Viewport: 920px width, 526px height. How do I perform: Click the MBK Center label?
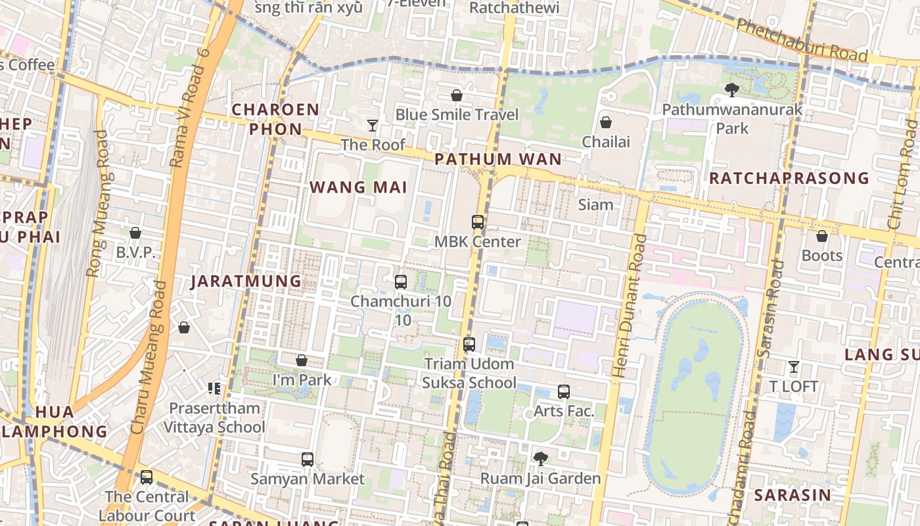477,241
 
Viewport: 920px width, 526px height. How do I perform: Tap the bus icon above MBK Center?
478,222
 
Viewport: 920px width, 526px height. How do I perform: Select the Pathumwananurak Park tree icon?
731,90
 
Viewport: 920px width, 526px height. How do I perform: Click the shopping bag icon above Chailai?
606,122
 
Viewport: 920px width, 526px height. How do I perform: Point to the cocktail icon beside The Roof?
373,125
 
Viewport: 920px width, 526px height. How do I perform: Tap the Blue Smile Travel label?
457,114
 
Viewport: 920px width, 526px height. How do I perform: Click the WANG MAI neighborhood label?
358,187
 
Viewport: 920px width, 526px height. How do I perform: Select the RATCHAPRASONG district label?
789,178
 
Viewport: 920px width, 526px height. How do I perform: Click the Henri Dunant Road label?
628,306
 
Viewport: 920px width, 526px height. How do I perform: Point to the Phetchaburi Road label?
802,39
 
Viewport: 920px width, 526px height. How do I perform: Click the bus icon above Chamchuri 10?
401,282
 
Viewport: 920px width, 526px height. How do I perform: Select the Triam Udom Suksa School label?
469,373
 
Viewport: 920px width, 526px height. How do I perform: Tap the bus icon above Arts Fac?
564,392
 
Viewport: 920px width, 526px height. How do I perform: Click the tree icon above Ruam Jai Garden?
541,458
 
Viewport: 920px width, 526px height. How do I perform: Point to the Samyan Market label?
307,479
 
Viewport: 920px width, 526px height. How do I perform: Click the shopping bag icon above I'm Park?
302,360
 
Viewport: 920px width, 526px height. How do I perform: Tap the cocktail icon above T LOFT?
794,366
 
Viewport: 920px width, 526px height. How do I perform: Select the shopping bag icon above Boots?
822,236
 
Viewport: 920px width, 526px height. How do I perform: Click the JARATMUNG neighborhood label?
246,281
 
